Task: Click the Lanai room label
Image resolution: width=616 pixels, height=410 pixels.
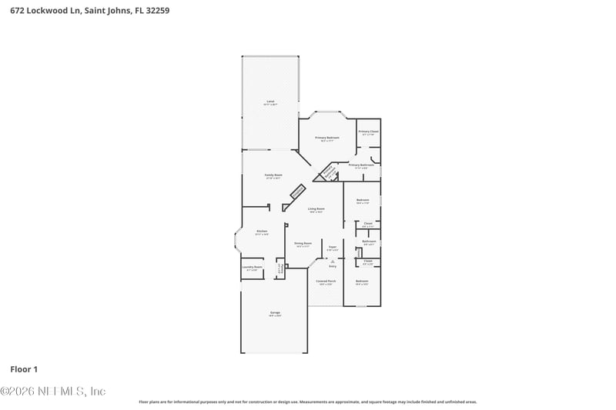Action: (x=270, y=102)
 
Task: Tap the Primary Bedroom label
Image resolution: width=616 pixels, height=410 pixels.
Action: (x=327, y=138)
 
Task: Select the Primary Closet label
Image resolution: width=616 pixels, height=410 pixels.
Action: (x=369, y=132)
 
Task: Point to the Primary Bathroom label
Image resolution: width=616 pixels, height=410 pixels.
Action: (x=361, y=165)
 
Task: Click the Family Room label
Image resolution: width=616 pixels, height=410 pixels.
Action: (x=273, y=175)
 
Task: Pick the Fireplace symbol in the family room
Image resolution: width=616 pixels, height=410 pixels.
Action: (x=296, y=192)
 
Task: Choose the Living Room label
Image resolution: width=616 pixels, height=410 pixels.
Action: (x=316, y=209)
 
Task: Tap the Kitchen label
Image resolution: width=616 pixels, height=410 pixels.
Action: (x=262, y=232)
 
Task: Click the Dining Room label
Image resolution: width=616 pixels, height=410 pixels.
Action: (x=303, y=244)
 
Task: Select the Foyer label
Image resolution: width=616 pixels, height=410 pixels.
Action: (x=333, y=248)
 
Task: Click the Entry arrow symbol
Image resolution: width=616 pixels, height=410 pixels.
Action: (x=333, y=262)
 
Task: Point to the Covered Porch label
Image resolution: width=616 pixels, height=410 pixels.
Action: (x=326, y=282)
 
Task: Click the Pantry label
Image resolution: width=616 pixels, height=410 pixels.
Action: (x=281, y=269)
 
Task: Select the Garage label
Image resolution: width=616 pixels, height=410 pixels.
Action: (x=275, y=313)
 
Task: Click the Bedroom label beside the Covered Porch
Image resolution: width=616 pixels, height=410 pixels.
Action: (x=362, y=282)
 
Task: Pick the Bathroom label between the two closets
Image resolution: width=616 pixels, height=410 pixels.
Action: (x=369, y=242)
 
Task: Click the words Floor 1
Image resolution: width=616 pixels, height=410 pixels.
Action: (x=24, y=369)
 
